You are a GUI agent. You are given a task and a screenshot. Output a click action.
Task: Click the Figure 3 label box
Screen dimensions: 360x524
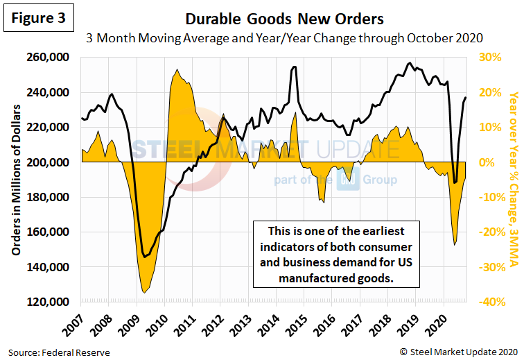click(38, 19)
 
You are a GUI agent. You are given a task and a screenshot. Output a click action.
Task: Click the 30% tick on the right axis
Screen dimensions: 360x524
click(500, 57)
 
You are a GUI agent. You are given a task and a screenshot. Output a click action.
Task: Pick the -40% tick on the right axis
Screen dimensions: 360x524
click(500, 302)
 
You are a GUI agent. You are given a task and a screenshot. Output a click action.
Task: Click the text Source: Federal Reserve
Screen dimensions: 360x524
click(59, 352)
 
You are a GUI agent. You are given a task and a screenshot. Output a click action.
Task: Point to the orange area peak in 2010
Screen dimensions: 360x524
click(177, 69)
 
